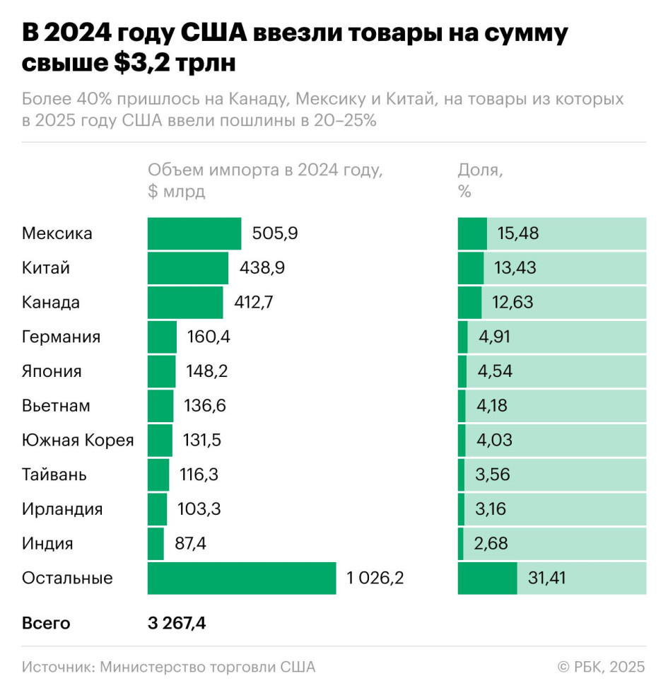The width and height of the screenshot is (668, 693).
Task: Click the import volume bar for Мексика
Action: coord(194,234)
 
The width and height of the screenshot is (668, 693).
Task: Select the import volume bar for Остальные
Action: coord(242,578)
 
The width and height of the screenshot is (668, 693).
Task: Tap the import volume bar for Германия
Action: coord(162,337)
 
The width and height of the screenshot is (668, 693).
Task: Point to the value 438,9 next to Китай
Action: coord(262,268)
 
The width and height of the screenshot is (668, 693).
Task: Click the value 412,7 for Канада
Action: coord(254,303)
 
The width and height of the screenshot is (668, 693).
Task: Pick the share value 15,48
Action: coord(517,234)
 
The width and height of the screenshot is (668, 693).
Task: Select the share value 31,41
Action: coord(547,578)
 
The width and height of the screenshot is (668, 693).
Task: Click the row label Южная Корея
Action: coord(78,441)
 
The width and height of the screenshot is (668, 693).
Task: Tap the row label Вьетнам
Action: coord(56,406)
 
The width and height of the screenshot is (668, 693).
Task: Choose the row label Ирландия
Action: coord(62,509)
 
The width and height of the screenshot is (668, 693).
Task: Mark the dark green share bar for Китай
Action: coord(471,268)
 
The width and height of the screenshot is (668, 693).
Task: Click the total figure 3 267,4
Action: coord(177,623)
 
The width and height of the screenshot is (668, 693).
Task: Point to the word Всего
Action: coord(46,623)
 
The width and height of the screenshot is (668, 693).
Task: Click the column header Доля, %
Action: coord(481,180)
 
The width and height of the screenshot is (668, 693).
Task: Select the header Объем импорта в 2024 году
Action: coord(265,170)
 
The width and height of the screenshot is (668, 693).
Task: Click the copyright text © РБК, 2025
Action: coord(601,667)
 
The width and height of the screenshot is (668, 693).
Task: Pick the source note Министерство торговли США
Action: coord(208,667)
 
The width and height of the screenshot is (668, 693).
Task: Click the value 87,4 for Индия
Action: coord(191,544)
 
